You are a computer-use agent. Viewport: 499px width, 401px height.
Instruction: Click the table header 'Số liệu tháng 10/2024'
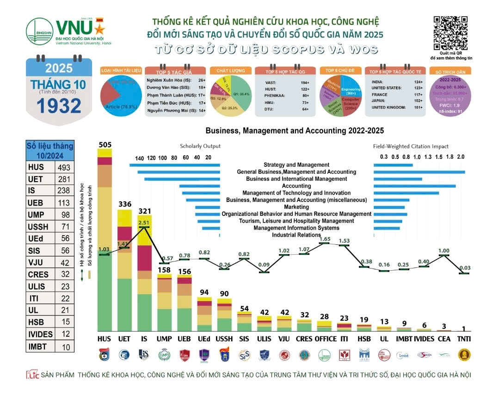(49, 151)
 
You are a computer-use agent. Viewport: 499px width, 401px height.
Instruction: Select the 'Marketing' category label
(296, 207)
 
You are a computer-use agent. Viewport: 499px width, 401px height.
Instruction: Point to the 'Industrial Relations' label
(296, 235)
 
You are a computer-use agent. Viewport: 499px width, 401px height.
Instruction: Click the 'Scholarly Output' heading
(200, 146)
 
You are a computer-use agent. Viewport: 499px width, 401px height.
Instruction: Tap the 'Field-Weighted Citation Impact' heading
(417, 146)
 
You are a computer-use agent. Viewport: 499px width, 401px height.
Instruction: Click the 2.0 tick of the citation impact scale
(461, 157)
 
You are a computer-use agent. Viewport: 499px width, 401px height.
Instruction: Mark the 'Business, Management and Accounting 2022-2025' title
(295, 131)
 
